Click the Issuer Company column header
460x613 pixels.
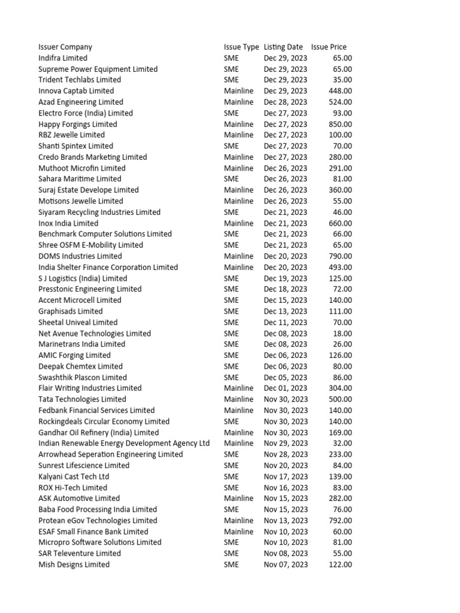click(65, 47)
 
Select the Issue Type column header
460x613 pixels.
click(241, 47)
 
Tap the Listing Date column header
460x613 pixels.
click(283, 47)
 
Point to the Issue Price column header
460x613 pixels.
click(329, 47)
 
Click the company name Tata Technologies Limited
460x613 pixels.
click(82, 399)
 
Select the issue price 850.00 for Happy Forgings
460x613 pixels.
click(340, 124)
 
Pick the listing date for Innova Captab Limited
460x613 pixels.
click(286, 91)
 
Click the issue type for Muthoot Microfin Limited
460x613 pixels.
click(238, 168)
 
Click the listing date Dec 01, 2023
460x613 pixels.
click(286, 388)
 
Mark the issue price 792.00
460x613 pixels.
click(340, 520)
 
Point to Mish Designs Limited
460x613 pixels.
click(74, 565)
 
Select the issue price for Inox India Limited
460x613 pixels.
click(340, 223)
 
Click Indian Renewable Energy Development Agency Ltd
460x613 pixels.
click(124, 443)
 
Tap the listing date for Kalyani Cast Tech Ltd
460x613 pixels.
click(286, 477)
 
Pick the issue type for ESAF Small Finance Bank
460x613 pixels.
click(238, 532)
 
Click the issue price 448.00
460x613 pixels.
click(340, 91)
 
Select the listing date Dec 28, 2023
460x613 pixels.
click(286, 102)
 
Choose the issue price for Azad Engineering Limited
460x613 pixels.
click(340, 102)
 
